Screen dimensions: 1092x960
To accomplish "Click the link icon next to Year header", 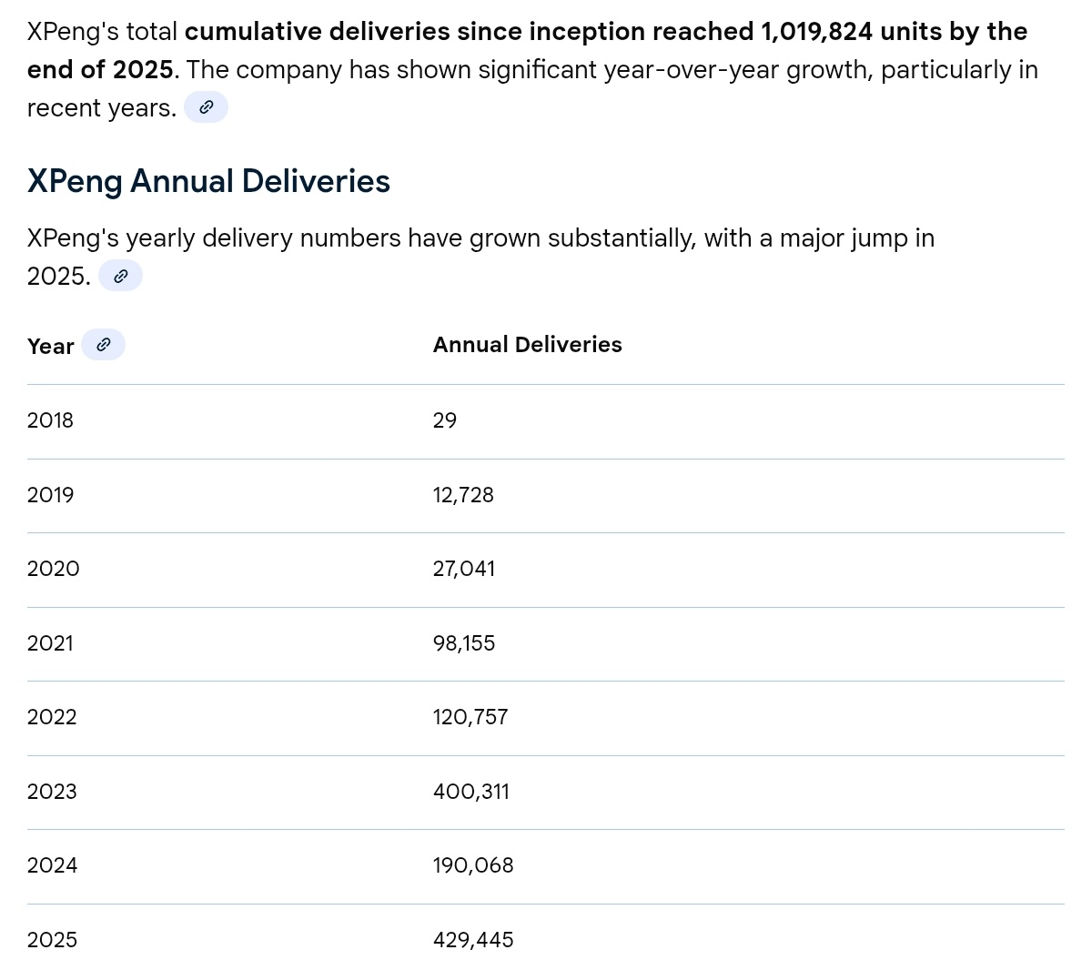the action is click(x=103, y=345).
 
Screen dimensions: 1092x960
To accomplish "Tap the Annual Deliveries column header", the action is click(x=527, y=345).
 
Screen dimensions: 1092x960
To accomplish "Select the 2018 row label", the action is click(x=50, y=420).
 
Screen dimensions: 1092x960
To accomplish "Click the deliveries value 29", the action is click(x=445, y=420).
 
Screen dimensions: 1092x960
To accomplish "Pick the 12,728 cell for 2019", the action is click(x=463, y=495).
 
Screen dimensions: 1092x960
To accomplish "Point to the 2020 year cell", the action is click(x=54, y=569).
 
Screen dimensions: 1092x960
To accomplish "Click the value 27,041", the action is click(x=463, y=569).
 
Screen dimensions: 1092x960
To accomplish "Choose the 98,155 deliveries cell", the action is click(x=463, y=643).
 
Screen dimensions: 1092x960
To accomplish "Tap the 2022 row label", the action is click(x=52, y=717).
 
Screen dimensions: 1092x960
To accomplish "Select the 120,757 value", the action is click(x=470, y=717).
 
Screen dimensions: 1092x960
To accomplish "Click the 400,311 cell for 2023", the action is click(x=471, y=792).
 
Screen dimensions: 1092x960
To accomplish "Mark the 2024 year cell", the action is click(x=52, y=865).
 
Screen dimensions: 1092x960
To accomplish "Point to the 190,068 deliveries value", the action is click(x=473, y=865).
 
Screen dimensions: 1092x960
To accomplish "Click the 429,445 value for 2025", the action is click(x=473, y=939).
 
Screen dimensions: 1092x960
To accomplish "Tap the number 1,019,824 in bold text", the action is click(x=816, y=31).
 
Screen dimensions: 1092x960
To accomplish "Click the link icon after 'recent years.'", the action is click(x=206, y=107).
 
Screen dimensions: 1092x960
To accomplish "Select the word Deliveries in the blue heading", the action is click(x=316, y=180).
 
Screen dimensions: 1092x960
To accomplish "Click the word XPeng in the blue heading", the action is click(x=75, y=182).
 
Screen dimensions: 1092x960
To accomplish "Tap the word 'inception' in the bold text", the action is click(x=587, y=32).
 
